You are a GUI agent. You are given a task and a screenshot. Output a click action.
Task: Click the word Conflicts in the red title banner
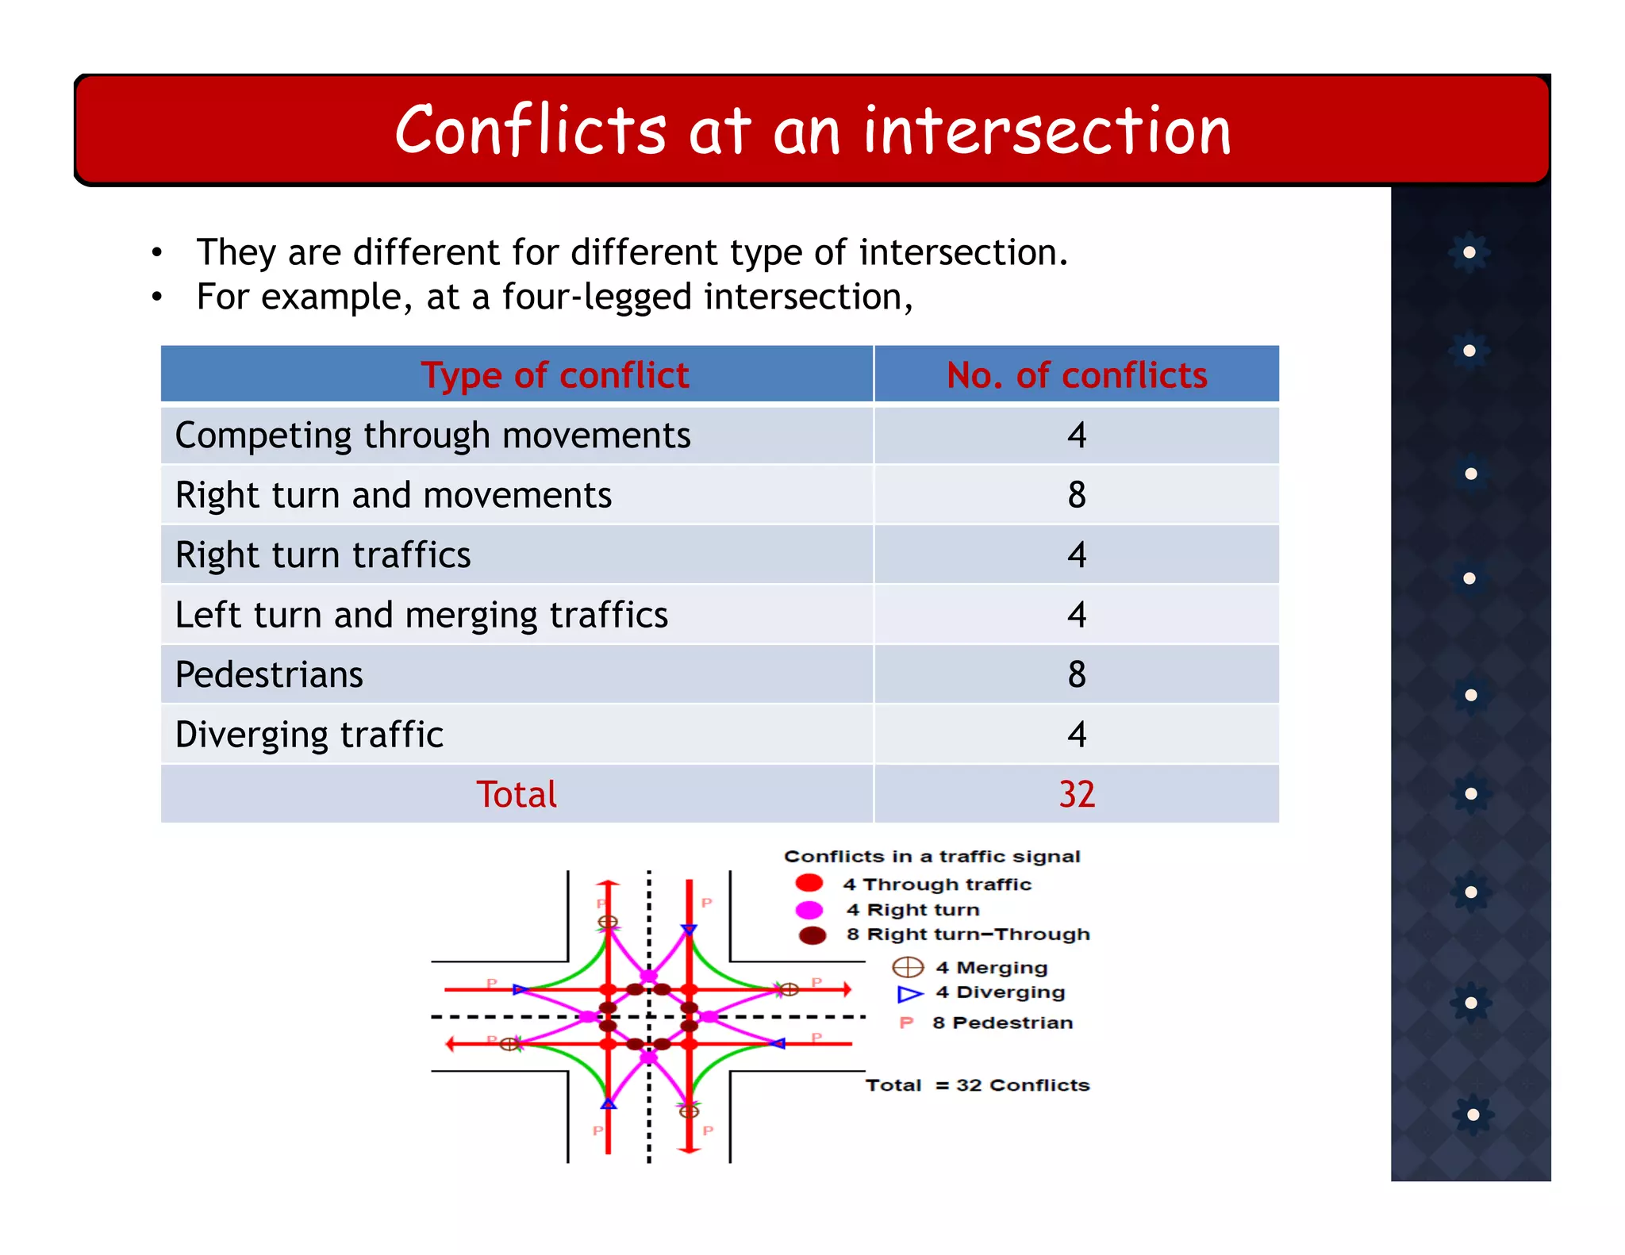[x=530, y=131]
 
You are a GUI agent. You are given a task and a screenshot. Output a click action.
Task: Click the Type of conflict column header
[x=555, y=374]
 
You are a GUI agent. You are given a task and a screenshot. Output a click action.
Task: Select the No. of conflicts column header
[x=1076, y=374]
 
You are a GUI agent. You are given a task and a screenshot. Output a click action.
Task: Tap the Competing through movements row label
[x=432, y=436]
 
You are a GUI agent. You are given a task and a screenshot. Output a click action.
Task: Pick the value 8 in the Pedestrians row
[x=1076, y=674]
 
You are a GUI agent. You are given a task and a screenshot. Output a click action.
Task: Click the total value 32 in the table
[x=1076, y=794]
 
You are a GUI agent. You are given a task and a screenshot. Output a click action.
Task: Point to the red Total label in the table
[x=517, y=794]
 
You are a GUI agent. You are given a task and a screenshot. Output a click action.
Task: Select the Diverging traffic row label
[x=309, y=735]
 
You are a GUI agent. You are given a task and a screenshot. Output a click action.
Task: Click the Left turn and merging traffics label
[x=421, y=615]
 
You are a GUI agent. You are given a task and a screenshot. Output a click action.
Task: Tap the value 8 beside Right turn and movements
[x=1076, y=495]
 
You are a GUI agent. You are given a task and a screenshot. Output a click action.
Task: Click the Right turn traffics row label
[x=323, y=555]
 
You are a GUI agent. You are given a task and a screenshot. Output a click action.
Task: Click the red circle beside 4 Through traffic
[x=809, y=883]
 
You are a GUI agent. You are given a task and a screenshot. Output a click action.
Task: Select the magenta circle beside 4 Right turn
[x=809, y=909]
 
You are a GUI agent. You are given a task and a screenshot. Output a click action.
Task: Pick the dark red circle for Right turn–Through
[x=812, y=935]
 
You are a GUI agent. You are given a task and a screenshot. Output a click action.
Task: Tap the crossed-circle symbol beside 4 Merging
[x=908, y=967]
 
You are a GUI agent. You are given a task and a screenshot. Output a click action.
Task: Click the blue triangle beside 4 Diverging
[x=909, y=993]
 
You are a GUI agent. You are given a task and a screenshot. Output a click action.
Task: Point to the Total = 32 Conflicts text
[x=977, y=1084]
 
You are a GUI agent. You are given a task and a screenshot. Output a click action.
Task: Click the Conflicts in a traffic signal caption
[x=932, y=856]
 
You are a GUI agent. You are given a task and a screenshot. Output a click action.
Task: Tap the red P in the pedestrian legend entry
[x=906, y=1023]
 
